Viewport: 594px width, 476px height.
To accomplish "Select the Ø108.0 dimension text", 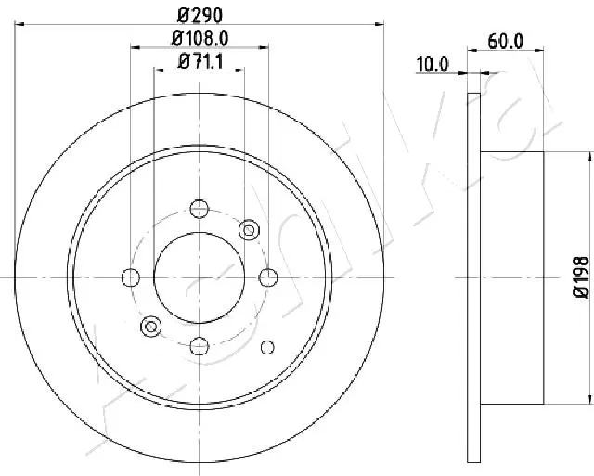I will click(200, 37).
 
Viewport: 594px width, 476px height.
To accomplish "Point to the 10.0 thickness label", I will click(433, 64).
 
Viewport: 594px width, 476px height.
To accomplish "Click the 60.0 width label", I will click(506, 42).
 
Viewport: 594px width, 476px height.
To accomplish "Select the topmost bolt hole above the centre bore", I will click(199, 208).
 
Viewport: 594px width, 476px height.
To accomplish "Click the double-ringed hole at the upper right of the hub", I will click(248, 228).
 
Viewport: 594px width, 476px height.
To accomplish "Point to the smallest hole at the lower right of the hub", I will click(267, 321).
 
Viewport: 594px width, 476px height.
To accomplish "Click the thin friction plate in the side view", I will click(473, 278).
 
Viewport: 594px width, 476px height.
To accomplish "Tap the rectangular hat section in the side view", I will click(512, 278).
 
